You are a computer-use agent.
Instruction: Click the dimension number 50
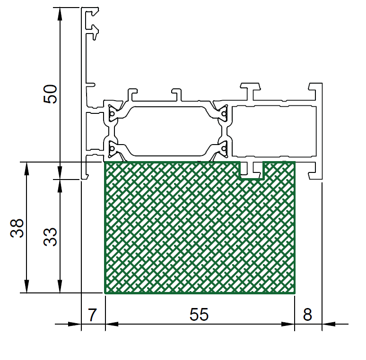point(50,94)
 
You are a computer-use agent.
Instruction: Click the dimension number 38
point(17,228)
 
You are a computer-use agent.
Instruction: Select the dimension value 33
point(50,237)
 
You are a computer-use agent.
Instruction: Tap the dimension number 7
point(92,315)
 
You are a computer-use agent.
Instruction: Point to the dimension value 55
point(199,315)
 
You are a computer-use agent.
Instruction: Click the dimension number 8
point(307,315)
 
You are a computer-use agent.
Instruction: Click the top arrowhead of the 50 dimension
point(60,14)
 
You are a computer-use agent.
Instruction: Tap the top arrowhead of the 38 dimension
point(26,168)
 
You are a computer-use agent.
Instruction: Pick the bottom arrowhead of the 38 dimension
point(26,286)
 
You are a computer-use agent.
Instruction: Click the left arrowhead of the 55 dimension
point(112,324)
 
